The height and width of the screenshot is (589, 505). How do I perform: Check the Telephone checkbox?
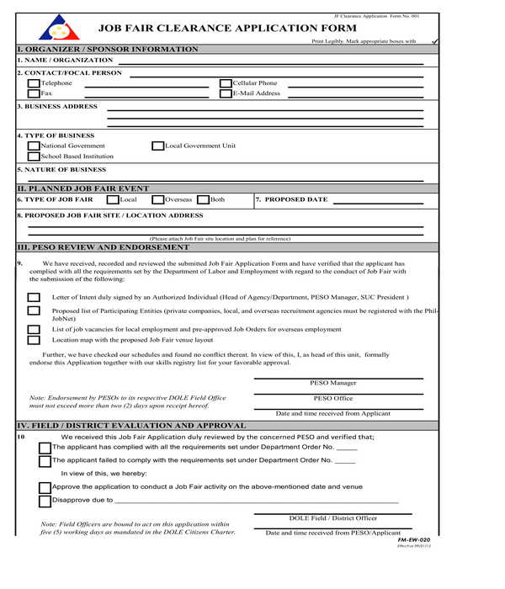pos(34,83)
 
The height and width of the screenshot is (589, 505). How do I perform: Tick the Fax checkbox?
pos(34,93)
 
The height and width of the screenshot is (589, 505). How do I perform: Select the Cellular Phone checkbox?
pos(226,83)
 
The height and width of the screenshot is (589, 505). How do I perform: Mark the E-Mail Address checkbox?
pos(226,93)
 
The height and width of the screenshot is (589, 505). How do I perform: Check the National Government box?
pos(34,146)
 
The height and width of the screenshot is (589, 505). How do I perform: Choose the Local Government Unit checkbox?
pos(157,146)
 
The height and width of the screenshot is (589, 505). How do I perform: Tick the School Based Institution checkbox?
pos(34,157)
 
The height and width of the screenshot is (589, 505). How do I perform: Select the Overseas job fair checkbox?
pos(157,200)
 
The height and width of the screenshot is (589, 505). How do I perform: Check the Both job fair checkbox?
pos(202,200)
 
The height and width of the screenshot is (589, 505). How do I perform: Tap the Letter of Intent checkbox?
pos(34,298)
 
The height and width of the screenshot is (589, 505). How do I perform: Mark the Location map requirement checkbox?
pos(34,341)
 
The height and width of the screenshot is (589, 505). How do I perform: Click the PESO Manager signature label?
pos(332,383)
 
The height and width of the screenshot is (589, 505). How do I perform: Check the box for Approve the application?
pos(45,487)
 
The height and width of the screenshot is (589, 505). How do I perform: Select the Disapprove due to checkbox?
pos(45,501)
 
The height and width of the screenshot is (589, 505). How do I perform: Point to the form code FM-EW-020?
pos(413,539)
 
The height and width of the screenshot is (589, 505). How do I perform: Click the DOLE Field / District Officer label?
pos(332,518)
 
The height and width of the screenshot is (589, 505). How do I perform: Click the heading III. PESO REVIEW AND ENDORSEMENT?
pos(104,247)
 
